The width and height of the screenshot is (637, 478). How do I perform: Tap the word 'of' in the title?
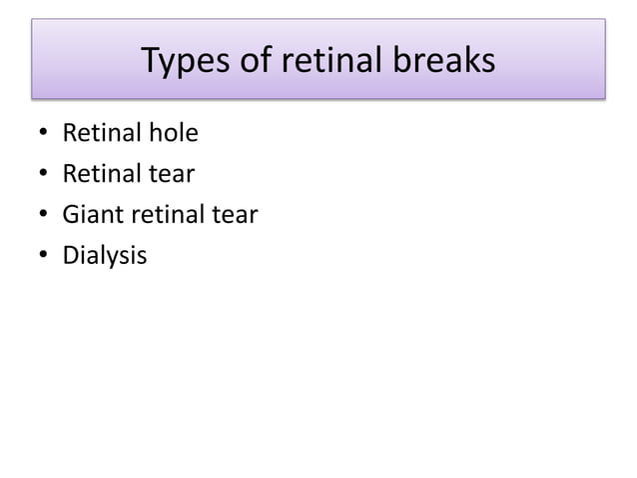[256, 62]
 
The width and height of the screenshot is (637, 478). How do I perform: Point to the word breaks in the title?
[445, 62]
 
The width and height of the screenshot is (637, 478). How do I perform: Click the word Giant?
[90, 215]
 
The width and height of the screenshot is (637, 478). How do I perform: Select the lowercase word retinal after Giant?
[159, 215]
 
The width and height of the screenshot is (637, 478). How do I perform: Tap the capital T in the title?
[151, 62]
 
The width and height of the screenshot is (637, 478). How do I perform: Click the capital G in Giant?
[70, 215]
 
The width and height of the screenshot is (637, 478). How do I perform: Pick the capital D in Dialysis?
[70, 256]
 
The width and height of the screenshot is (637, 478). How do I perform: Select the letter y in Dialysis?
[111, 259]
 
